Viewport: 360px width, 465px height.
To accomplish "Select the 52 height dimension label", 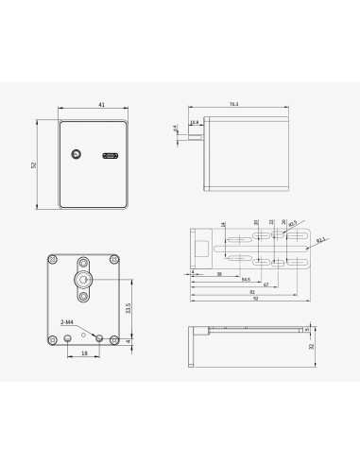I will pos(34,165).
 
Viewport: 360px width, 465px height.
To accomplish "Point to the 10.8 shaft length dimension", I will pos(195,122).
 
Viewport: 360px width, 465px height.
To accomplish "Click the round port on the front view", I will pos(76,154).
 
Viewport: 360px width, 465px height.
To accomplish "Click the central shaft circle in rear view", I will pos(83,280).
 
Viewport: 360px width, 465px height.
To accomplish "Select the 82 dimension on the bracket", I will pos(252,291).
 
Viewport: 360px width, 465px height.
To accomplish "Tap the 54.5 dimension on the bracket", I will pos(247,278).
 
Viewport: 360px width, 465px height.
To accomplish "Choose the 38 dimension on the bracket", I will pos(218,272).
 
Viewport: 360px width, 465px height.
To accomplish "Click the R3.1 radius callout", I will pos(321,240).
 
